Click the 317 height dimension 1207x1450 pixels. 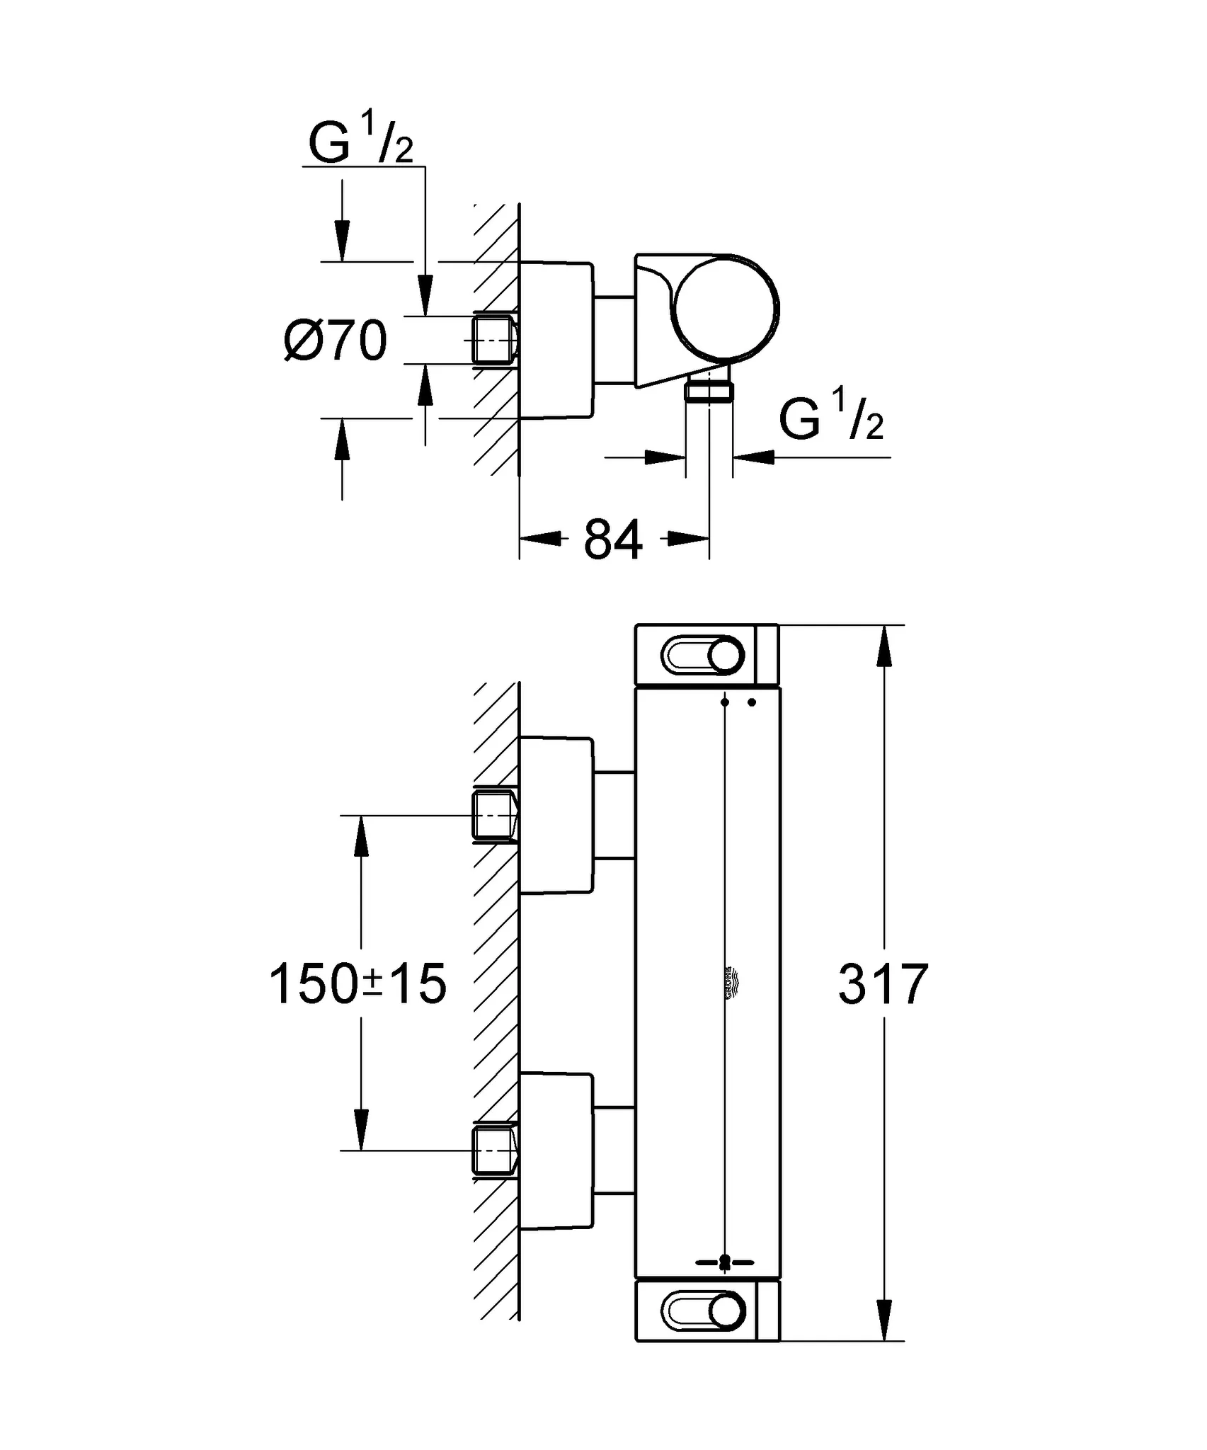coord(883,984)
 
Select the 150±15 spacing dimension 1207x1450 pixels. coord(358,984)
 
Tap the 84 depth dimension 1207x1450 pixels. coord(613,540)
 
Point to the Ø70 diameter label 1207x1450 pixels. coord(336,341)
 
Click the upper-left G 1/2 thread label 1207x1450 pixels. coord(360,141)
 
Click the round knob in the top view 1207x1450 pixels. coord(726,306)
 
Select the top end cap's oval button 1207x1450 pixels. coord(703,655)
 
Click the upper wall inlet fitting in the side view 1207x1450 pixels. coord(494,816)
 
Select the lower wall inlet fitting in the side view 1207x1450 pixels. coord(494,1151)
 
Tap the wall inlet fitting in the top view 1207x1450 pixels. coord(494,341)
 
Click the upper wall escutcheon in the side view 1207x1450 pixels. coord(556,815)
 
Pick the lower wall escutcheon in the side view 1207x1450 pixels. coord(556,1151)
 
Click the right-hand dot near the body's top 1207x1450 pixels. coord(752,702)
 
